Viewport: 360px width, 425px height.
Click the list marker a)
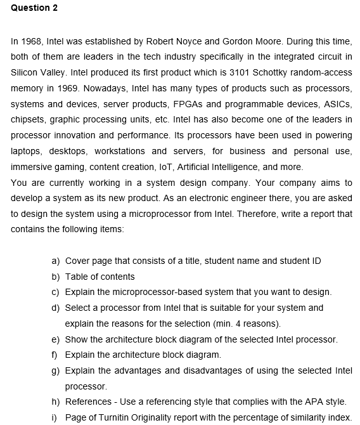[55, 261]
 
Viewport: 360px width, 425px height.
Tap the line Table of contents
[100, 277]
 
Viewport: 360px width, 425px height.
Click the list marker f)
[55, 355]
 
